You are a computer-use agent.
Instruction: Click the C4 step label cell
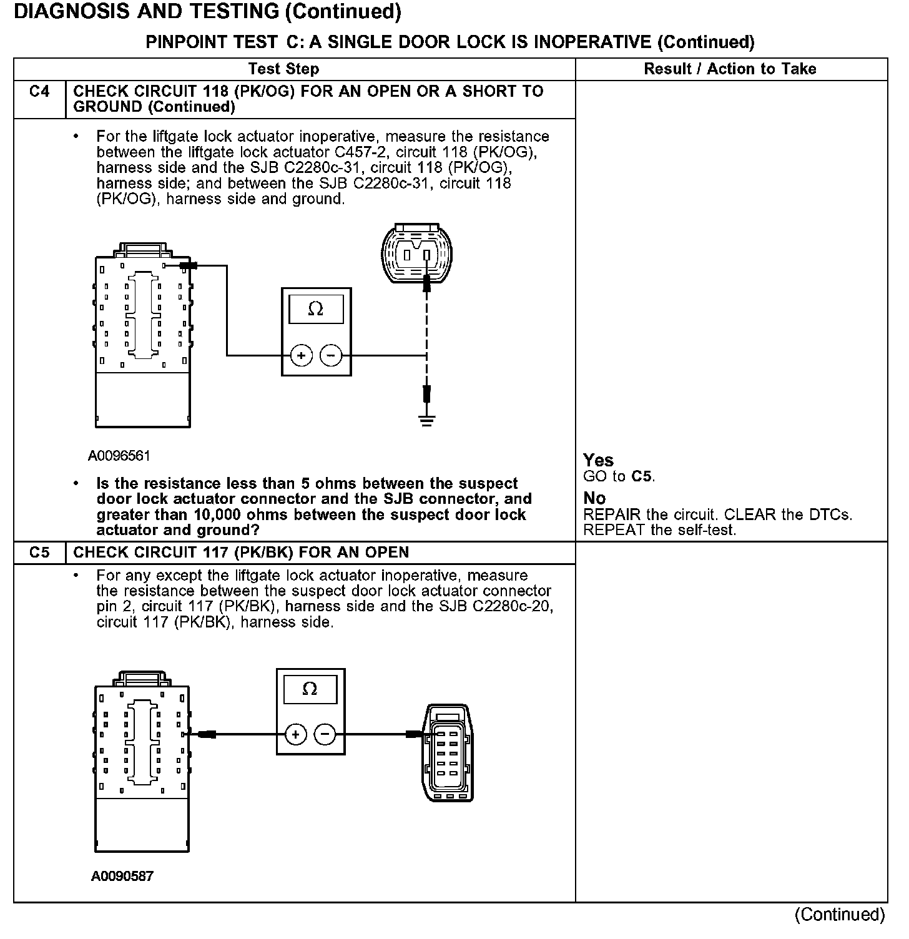(39, 92)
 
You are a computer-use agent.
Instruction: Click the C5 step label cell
(39, 553)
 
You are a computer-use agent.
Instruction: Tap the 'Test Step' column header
(283, 69)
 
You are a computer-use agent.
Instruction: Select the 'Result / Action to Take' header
(730, 69)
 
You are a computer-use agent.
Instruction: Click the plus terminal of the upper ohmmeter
(301, 356)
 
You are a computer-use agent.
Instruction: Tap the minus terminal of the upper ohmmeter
(331, 356)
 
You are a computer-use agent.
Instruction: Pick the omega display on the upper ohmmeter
(316, 309)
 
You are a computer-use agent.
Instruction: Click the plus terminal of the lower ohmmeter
(295, 734)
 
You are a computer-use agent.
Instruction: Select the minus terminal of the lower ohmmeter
(325, 734)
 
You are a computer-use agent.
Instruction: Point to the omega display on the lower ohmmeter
(310, 689)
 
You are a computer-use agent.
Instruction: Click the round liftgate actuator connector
(417, 255)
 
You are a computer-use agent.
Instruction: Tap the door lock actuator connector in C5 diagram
(448, 753)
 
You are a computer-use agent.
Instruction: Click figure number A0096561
(119, 456)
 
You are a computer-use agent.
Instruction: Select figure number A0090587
(122, 877)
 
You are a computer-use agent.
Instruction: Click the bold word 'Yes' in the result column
(598, 460)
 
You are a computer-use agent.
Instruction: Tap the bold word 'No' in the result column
(594, 498)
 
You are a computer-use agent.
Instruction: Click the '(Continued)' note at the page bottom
(840, 915)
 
